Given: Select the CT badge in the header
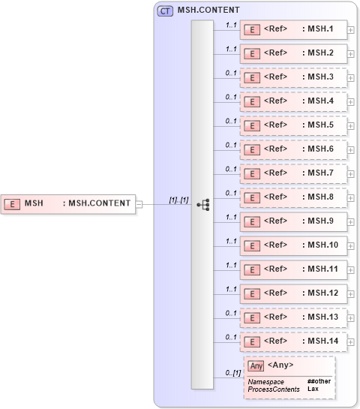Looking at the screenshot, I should point(165,11).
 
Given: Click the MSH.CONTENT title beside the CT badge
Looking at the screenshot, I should point(208,11).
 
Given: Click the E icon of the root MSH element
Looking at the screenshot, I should point(12,203).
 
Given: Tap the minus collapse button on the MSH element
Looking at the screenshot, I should point(139,203).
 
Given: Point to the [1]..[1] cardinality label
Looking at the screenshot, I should point(178,200).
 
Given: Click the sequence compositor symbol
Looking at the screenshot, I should point(202,203).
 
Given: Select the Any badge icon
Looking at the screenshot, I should point(256,365).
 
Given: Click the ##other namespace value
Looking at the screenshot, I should point(319,382).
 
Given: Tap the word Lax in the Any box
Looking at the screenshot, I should point(313,389).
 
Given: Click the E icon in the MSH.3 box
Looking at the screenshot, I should point(253,78).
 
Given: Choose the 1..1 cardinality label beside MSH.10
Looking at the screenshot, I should point(231,241).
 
